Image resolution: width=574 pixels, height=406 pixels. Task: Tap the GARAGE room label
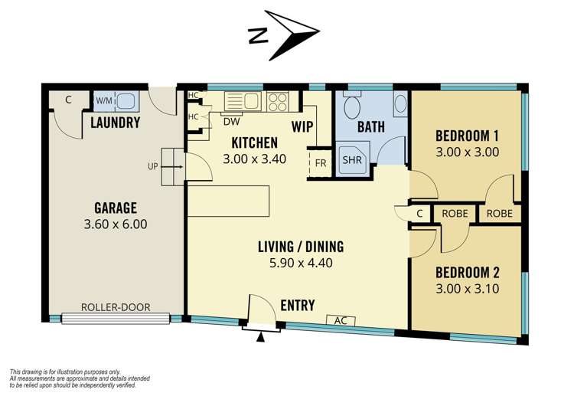[x=116, y=208]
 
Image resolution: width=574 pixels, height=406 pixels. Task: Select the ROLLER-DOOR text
[x=116, y=307]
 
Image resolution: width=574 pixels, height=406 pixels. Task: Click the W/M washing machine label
[x=104, y=100]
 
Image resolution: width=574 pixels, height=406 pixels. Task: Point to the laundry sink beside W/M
[x=127, y=101]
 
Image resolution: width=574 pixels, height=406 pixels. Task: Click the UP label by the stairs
[x=153, y=166]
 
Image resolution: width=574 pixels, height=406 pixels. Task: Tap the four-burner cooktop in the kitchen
[x=278, y=101]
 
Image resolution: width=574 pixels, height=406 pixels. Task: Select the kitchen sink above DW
[x=243, y=101]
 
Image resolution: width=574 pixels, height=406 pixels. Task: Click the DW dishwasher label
[x=231, y=121]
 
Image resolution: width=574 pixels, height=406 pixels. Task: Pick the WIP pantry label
[x=302, y=127]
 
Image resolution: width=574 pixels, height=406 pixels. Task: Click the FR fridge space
[x=321, y=162]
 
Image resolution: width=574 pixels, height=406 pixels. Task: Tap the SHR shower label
[x=352, y=160]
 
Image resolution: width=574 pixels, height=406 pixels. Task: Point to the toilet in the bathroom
[x=353, y=103]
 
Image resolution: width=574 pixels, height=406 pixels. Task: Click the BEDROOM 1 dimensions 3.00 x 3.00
[x=467, y=152]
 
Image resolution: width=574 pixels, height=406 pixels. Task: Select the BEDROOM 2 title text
[x=467, y=273]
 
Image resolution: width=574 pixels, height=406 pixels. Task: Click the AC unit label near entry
[x=341, y=321]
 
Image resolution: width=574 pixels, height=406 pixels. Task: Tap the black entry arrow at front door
[x=260, y=337]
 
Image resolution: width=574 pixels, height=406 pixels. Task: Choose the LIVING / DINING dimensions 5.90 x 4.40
[x=301, y=263]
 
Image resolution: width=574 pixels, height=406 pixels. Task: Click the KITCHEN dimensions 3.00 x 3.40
[x=254, y=159]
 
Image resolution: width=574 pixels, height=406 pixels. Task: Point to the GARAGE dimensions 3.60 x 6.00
[x=116, y=224]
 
